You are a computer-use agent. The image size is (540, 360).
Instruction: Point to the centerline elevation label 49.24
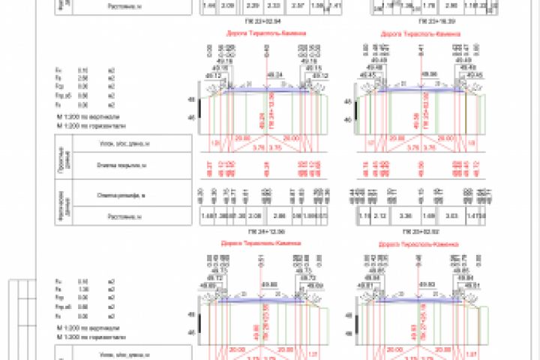[274, 75]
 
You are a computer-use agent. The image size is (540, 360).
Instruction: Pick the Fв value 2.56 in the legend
[83, 77]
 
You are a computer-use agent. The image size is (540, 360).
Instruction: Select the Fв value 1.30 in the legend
[83, 289]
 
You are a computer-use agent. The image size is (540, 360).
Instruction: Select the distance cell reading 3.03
[451, 216]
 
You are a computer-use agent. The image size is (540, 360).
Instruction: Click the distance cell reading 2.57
[276, 5]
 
